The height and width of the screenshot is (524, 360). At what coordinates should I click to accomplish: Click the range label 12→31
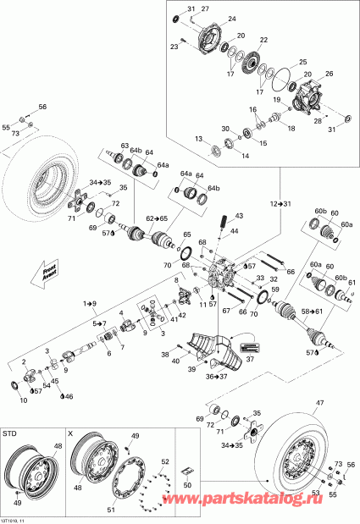280,205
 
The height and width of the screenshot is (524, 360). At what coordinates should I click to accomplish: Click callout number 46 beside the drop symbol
69,396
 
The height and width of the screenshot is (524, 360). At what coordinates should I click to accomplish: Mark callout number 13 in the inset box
198,139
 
